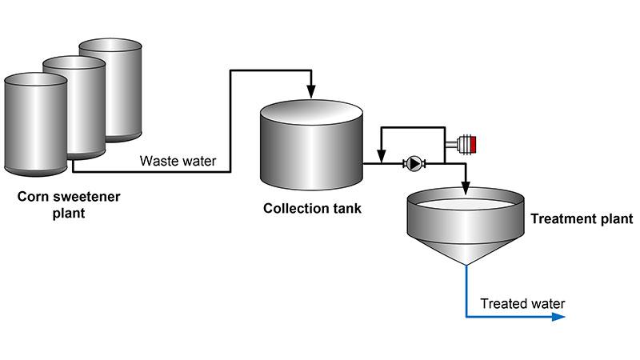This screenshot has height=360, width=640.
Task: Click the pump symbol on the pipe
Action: click(x=414, y=164)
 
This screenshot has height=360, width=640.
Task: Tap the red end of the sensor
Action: click(x=473, y=144)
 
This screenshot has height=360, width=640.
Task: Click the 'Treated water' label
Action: click(x=522, y=303)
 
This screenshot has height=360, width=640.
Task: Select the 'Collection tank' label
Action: click(x=312, y=210)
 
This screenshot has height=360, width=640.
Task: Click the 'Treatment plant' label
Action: click(x=575, y=218)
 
